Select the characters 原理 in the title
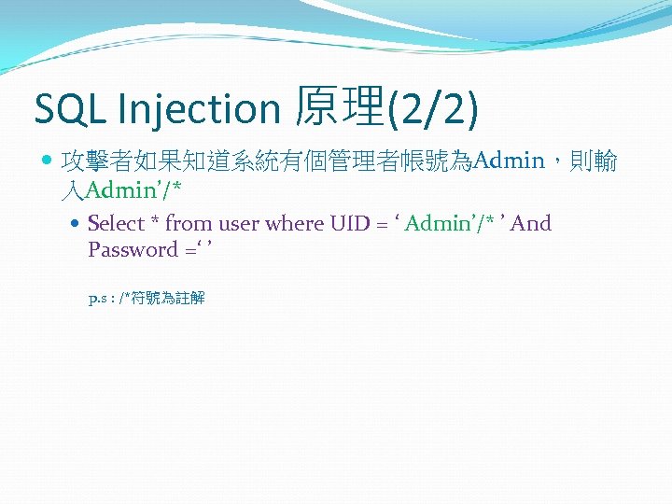[x=337, y=108]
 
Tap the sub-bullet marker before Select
[x=77, y=224]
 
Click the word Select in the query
[x=116, y=224]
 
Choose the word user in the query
[x=238, y=224]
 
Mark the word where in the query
[x=295, y=224]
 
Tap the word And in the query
[x=531, y=224]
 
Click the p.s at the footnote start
[x=97, y=300]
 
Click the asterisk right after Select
[x=155, y=222]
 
